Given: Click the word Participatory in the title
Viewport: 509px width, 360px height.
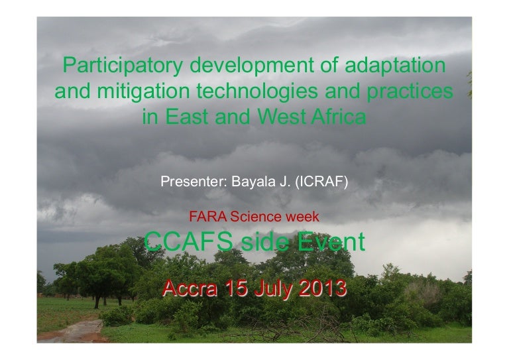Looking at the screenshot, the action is (x=123, y=66).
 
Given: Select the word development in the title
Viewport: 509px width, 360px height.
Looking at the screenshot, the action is (x=252, y=66).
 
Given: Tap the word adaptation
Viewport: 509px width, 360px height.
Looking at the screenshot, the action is (x=395, y=65).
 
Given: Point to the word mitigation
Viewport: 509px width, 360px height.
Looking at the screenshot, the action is (x=143, y=91).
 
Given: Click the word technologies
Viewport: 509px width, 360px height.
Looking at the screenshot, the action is (x=257, y=91).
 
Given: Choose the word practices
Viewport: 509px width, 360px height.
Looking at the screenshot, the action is (x=410, y=91).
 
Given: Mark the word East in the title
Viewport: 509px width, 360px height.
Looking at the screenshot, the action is (x=187, y=117).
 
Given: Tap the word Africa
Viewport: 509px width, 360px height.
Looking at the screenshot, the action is (x=339, y=117).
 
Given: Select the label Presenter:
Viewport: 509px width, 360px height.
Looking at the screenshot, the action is (x=194, y=182).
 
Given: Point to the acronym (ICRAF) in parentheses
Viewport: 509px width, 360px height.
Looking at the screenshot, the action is (x=321, y=182).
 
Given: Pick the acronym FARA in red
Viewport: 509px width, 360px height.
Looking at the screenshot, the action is (x=208, y=217).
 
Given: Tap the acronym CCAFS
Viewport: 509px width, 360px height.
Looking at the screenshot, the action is (x=189, y=241).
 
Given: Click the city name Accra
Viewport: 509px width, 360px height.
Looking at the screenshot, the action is (x=190, y=288).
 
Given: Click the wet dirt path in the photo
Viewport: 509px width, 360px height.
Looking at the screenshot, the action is (x=78, y=331).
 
